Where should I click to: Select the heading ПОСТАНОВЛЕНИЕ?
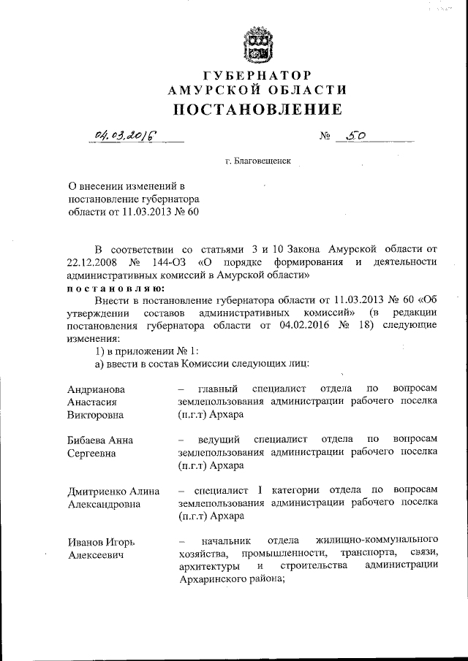[257, 110]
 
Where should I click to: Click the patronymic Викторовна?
[95, 415]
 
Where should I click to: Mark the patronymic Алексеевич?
[94, 555]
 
